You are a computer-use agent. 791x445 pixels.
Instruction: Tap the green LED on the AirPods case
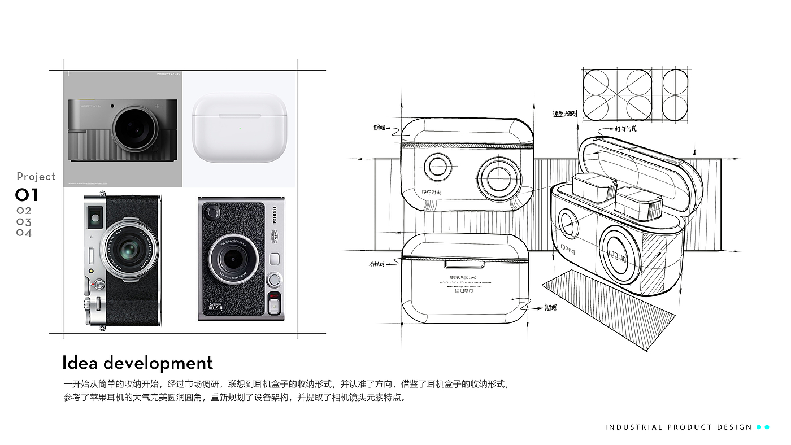[x=240, y=128]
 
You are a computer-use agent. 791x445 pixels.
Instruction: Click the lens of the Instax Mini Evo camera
[x=232, y=260]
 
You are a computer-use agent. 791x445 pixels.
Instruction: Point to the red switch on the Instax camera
[x=274, y=296]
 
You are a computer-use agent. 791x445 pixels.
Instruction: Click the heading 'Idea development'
[x=137, y=363]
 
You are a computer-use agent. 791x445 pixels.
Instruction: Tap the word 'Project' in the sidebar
[x=36, y=177]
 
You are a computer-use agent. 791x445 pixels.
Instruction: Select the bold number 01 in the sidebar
[x=27, y=195]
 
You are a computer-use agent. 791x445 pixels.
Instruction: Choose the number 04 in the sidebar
[x=24, y=233]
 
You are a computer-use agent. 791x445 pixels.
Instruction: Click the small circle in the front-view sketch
[x=438, y=167]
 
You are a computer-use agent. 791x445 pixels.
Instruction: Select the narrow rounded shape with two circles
[x=675, y=95]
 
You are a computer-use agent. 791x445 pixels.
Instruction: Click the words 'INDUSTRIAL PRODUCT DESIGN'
[x=679, y=427]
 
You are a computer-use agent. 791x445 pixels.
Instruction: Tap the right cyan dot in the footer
[x=767, y=427]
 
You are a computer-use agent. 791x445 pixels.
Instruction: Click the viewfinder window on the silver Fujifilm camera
[x=94, y=215]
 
